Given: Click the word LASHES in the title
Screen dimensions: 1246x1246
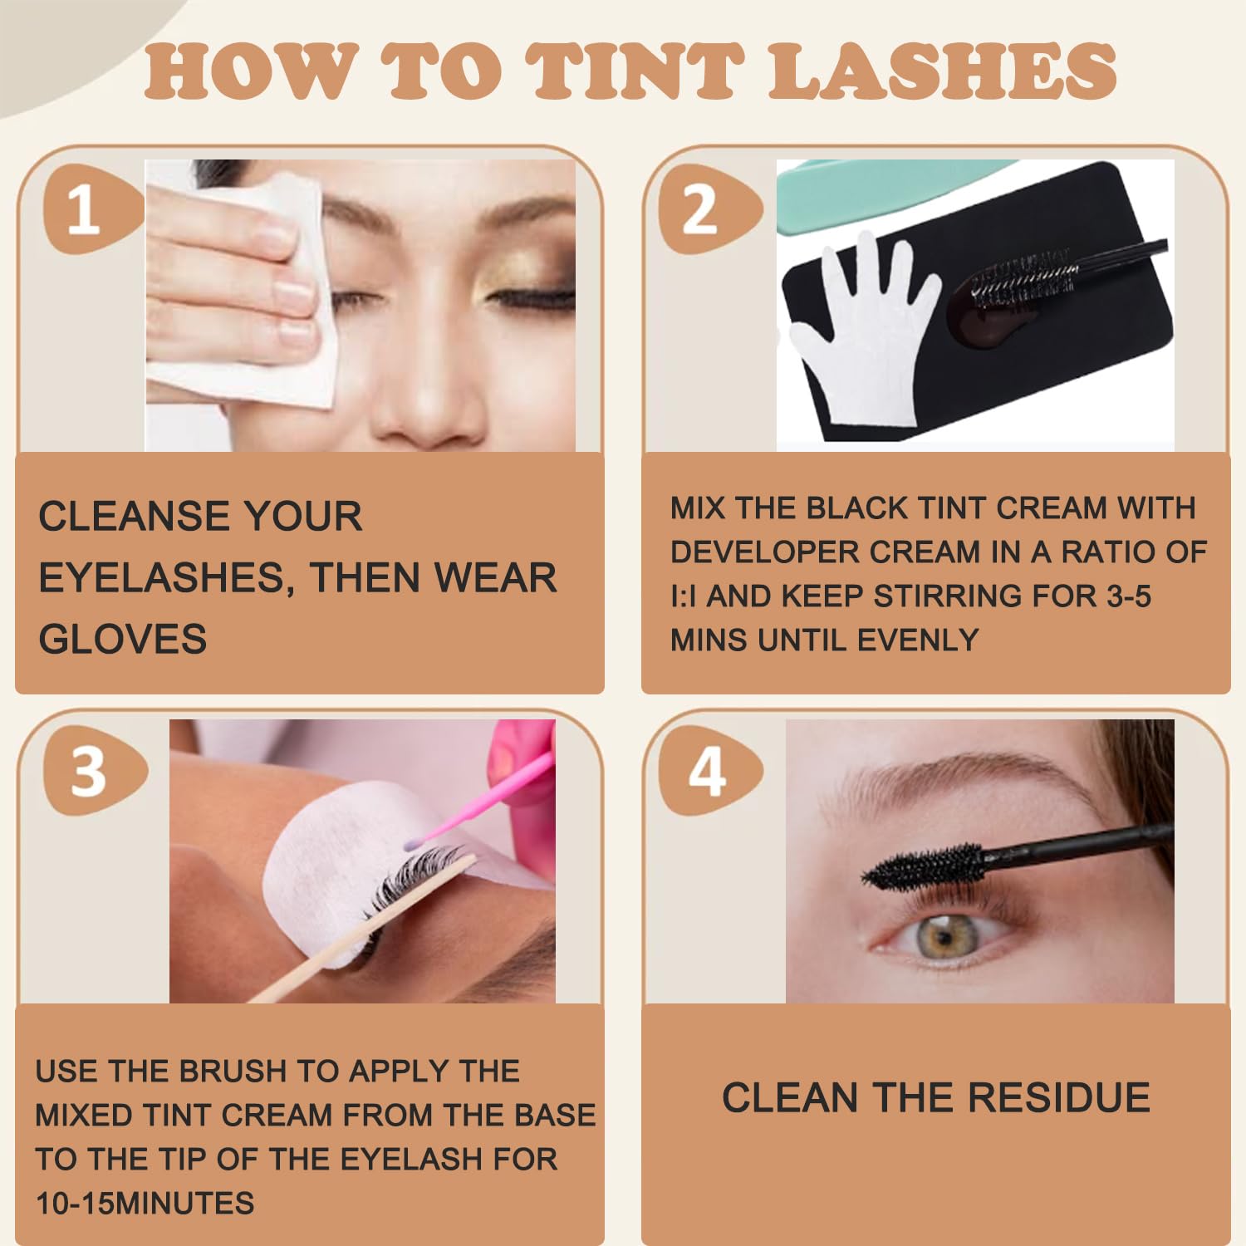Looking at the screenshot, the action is coord(943,71).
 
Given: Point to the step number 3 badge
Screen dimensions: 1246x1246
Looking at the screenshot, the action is coord(93,771).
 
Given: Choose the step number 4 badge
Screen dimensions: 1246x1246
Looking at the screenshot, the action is coord(709,771).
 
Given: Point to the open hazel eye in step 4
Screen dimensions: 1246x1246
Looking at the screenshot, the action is coord(944,939).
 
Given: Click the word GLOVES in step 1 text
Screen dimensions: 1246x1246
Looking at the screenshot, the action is coord(123,639).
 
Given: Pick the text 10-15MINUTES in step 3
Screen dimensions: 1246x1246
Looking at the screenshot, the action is coord(145,1203).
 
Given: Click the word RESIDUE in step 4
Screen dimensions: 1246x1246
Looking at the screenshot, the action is coord(1059,1097).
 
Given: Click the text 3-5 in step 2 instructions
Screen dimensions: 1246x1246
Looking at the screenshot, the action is coord(1129,596).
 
